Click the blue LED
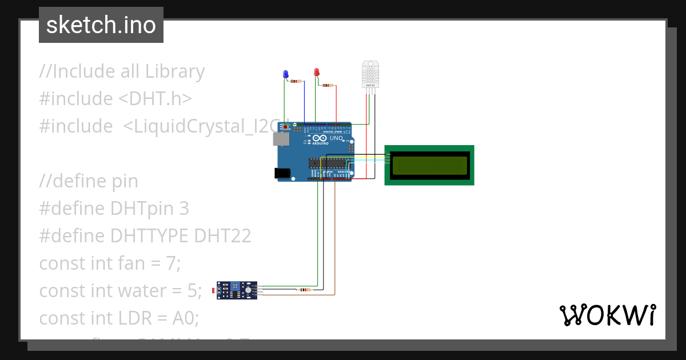[x=286, y=74]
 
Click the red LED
[x=316, y=72]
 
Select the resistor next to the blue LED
[x=296, y=81]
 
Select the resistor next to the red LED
[x=327, y=85]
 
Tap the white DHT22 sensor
[x=370, y=75]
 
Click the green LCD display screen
[x=429, y=165]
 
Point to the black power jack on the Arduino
[x=282, y=172]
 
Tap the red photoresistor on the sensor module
[x=215, y=291]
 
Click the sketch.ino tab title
[x=101, y=25]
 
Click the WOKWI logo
[x=607, y=315]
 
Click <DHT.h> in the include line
[x=155, y=99]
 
